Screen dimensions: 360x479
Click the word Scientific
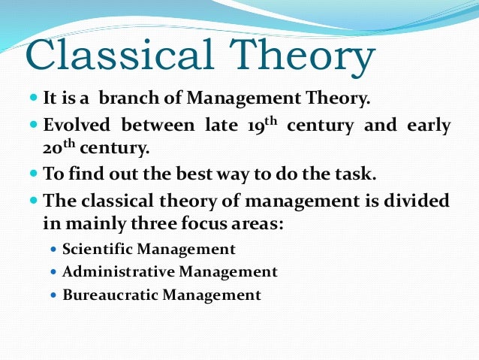coord(97,250)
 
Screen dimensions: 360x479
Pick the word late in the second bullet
coord(223,125)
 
